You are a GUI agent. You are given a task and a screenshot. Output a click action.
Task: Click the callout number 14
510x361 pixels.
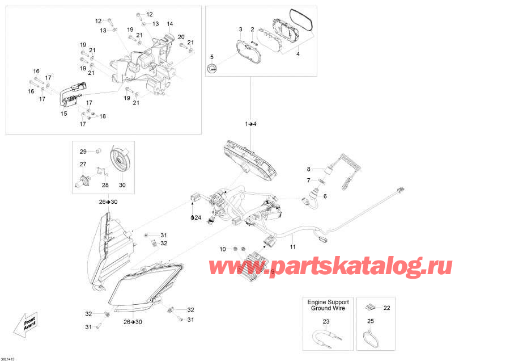(x=169, y=24)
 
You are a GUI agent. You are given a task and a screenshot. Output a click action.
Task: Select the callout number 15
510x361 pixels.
(x=64, y=114)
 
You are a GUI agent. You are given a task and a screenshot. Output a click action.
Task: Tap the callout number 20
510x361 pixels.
(x=181, y=37)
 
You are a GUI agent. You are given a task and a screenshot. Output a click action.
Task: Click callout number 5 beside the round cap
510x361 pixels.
(x=212, y=57)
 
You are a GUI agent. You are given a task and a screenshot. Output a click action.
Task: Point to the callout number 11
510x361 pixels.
(x=292, y=246)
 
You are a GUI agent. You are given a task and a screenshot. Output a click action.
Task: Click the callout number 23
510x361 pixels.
(x=326, y=322)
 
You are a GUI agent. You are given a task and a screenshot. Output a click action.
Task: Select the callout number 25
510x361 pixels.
(x=371, y=322)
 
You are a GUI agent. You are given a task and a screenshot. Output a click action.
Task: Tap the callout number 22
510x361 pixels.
(x=387, y=308)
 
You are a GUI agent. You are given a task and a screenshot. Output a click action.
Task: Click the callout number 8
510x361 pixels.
(x=309, y=169)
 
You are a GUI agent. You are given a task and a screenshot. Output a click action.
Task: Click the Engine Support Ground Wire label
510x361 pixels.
(x=328, y=305)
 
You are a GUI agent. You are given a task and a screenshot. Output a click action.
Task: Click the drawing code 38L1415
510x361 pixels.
(x=10, y=357)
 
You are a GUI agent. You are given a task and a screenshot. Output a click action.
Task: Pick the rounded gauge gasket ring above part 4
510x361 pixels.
(x=300, y=20)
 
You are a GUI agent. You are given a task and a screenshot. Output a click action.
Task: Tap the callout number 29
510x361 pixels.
(x=83, y=151)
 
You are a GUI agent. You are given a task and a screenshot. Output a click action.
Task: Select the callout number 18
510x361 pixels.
(x=103, y=116)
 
